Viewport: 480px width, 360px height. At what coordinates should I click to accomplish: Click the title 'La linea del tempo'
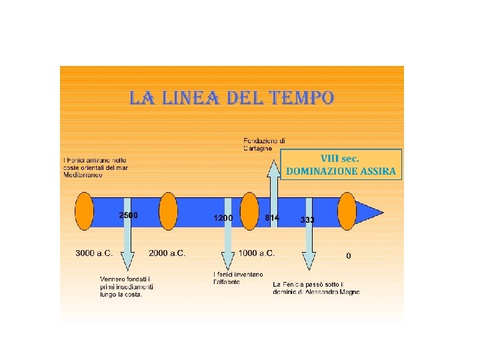(x=231, y=99)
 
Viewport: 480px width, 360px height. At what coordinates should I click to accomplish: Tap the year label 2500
(x=128, y=215)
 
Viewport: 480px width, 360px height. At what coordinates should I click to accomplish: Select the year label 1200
(x=223, y=218)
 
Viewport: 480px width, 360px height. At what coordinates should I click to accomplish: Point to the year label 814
(x=271, y=218)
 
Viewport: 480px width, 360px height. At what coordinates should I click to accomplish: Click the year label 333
(x=307, y=219)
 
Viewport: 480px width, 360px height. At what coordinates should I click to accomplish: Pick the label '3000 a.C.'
(x=94, y=253)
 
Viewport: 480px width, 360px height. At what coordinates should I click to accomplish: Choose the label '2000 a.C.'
(x=167, y=253)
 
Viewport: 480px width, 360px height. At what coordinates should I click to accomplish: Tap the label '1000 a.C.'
(x=257, y=253)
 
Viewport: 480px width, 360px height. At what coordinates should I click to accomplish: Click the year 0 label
(x=349, y=255)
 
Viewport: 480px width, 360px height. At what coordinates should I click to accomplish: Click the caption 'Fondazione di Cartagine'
(x=264, y=145)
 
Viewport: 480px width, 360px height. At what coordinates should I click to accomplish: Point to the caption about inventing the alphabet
(x=237, y=279)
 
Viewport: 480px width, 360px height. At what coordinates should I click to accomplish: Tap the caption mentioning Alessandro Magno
(x=316, y=288)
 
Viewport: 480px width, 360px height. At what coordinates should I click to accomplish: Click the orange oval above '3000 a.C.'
(x=85, y=211)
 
